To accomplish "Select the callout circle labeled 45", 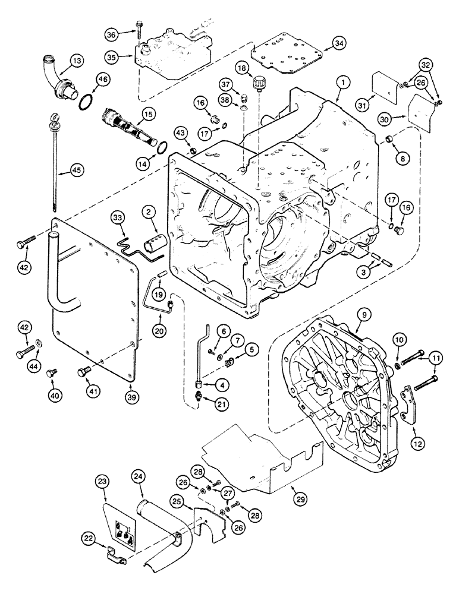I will point(58,170).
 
